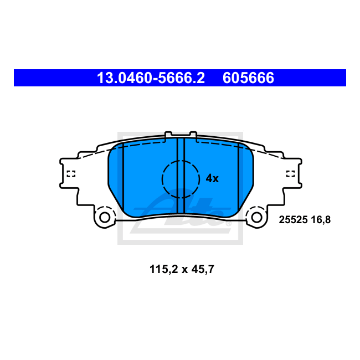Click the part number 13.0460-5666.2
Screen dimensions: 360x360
tap(151, 78)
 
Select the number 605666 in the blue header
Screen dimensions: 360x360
tap(248, 78)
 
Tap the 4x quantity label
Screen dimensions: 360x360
tap(212, 178)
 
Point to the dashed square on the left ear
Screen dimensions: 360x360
tap(70, 174)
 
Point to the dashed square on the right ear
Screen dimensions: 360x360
tap(290, 174)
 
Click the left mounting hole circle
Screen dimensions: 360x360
tap(104, 217)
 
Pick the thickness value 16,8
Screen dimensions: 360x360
tap(321, 219)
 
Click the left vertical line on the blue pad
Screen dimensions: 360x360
tap(124, 177)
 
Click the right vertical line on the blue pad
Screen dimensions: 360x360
tap(238, 177)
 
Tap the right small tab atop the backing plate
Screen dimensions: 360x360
tap(192, 134)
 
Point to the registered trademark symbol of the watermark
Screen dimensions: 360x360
tap(228, 224)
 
